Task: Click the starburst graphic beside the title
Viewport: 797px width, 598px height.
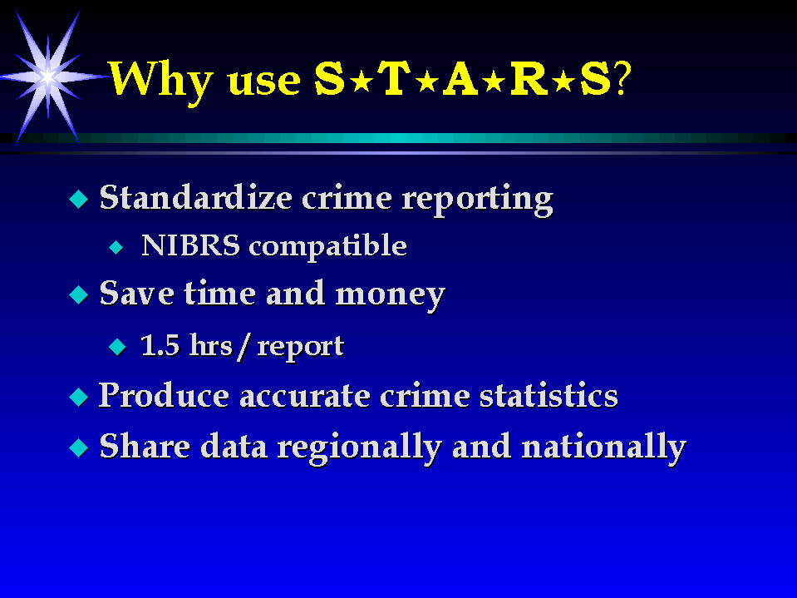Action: coord(47,77)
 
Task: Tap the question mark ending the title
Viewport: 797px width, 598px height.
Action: coord(622,79)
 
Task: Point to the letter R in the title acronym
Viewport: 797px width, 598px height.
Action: coord(529,78)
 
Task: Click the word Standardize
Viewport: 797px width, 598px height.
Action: coord(195,197)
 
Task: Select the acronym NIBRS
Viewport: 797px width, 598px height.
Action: coord(190,245)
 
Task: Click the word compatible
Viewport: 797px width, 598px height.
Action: coord(327,247)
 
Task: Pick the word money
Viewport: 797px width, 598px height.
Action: coord(391,296)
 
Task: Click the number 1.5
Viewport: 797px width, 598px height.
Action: coord(160,345)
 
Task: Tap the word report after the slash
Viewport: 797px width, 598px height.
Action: coord(301,348)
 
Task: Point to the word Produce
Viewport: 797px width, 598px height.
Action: coord(164,395)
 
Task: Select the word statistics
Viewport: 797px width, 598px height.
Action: coord(549,396)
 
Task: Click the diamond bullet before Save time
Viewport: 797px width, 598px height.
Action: coord(79,295)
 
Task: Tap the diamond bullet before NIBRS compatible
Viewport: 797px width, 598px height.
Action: coord(116,248)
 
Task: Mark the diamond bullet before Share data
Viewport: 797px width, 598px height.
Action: coord(79,447)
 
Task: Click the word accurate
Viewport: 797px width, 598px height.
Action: coord(305,396)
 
